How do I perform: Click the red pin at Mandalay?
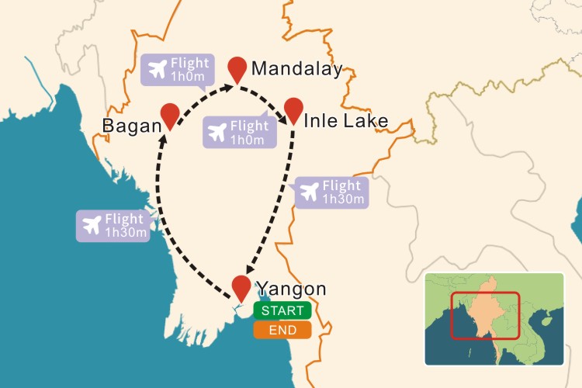pyautogui.click(x=238, y=68)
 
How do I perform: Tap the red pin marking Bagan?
pyautogui.click(x=170, y=115)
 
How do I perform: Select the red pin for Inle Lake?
pyautogui.click(x=293, y=109)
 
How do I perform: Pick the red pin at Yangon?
pyautogui.click(x=242, y=286)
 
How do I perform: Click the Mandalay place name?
pyautogui.click(x=296, y=70)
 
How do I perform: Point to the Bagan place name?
pyautogui.click(x=130, y=126)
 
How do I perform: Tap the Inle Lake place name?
pyautogui.click(x=345, y=121)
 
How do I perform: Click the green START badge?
pyautogui.click(x=282, y=311)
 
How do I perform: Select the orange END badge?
pyautogui.click(x=282, y=330)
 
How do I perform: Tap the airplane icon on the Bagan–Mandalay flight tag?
pyautogui.click(x=156, y=69)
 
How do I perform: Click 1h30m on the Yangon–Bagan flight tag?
pyautogui.click(x=126, y=232)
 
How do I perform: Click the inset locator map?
pyautogui.click(x=494, y=318)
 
